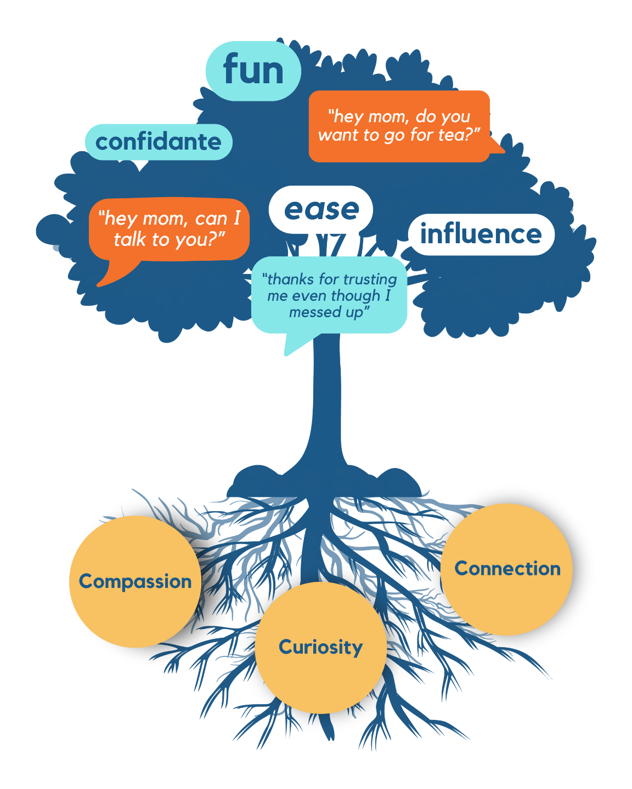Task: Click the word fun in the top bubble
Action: [253, 71]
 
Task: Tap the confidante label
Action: [159, 142]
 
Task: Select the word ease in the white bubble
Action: [321, 210]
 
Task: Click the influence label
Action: [481, 235]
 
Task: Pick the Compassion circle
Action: [135, 581]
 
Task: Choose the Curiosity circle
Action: [320, 647]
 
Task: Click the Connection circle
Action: [507, 569]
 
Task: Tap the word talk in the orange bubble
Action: [131, 239]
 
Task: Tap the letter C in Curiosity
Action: [285, 647]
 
